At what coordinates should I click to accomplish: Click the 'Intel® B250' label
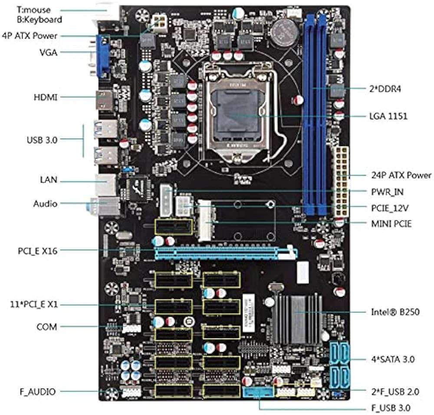(x=395, y=312)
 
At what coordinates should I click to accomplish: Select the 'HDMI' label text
(x=46, y=96)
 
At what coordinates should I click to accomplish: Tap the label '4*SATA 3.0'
(x=393, y=359)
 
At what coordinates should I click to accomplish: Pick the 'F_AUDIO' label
(x=37, y=392)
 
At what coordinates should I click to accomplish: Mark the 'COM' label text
(x=46, y=327)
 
